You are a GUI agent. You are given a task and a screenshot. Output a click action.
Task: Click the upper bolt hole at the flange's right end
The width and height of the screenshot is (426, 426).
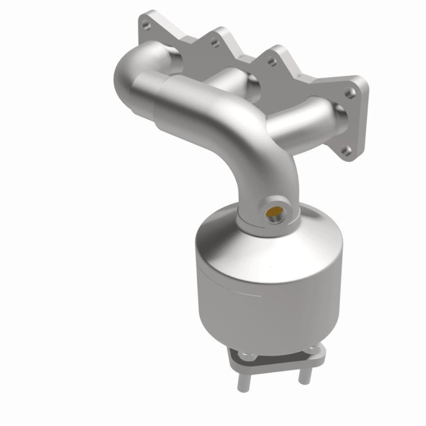[350, 91]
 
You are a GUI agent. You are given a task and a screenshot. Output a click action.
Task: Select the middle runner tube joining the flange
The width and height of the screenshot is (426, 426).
[239, 81]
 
